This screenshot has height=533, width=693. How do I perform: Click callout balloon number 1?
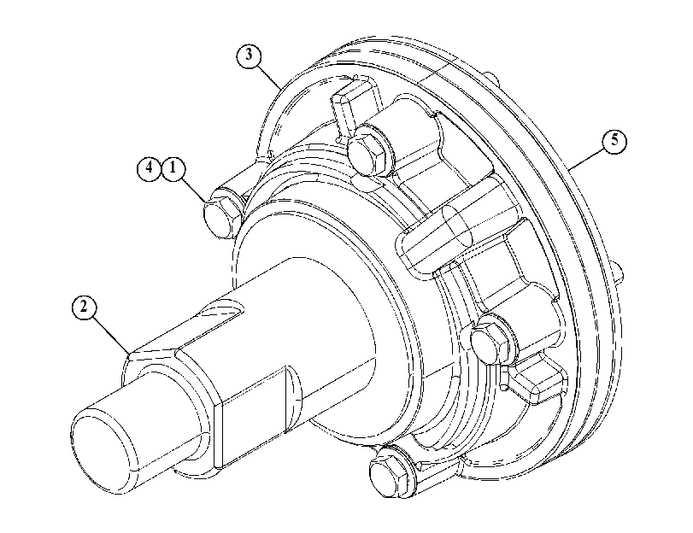point(173,169)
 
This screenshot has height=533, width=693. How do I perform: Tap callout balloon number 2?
point(84,307)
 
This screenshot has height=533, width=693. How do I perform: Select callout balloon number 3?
point(249,56)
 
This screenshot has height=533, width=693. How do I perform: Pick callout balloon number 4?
point(149,169)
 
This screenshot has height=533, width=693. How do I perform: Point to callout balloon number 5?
point(614,141)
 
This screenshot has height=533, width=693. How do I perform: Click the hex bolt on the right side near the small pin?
point(490,340)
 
